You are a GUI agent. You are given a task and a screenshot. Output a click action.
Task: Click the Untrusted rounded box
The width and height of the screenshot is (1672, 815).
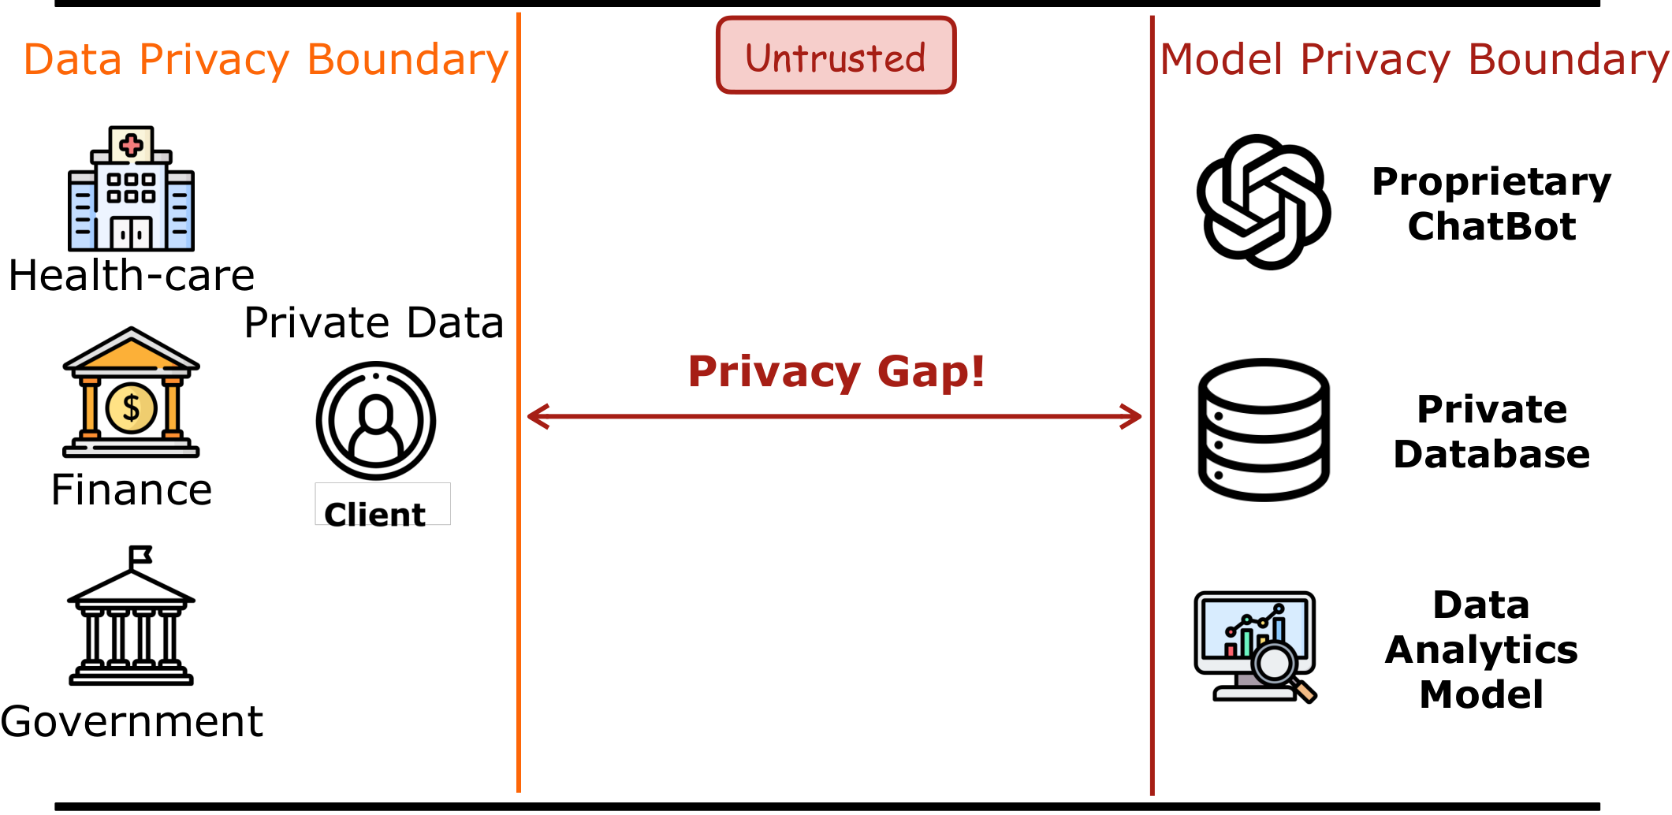click(836, 56)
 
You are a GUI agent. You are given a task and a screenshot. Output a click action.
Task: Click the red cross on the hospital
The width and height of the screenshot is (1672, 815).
click(132, 145)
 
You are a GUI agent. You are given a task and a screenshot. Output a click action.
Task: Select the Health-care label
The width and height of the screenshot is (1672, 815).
click(132, 276)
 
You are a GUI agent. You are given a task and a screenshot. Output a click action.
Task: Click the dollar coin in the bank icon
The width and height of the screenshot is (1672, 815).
click(131, 407)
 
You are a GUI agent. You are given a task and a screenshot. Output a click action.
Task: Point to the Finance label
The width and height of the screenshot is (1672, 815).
click(132, 490)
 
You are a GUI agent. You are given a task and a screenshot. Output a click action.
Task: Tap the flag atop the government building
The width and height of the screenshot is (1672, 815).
click(140, 555)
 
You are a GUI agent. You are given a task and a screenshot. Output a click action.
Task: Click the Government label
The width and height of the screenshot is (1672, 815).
click(132, 721)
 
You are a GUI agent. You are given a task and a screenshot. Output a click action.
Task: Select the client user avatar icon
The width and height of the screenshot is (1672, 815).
click(376, 420)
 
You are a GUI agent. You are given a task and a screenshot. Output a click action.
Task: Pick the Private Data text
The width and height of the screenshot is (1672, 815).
click(374, 323)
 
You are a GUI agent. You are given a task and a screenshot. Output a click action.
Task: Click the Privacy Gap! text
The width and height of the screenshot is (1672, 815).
click(836, 371)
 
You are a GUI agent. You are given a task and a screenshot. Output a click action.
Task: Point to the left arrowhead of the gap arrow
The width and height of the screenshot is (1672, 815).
click(536, 416)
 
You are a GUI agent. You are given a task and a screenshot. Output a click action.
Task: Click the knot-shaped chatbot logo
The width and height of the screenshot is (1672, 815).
click(1264, 202)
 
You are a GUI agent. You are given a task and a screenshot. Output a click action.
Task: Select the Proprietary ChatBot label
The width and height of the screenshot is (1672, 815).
click(1491, 203)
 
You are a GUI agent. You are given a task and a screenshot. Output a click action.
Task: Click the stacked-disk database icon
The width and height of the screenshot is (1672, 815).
click(1264, 430)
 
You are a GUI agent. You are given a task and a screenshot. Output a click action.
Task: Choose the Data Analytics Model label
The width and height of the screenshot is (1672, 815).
click(1481, 649)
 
